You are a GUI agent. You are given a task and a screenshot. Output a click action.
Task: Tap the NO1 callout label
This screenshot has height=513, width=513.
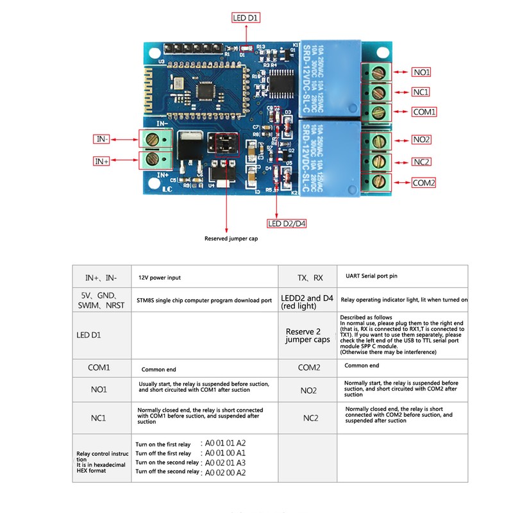coord(421,72)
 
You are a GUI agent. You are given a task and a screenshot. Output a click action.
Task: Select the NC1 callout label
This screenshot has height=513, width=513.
coord(421,92)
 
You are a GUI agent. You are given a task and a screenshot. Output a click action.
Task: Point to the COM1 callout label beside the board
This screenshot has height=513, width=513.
coord(424,112)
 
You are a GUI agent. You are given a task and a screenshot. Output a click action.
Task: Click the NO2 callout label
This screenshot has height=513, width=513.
coord(421,140)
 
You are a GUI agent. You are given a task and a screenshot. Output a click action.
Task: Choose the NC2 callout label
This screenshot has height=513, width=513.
coord(421,162)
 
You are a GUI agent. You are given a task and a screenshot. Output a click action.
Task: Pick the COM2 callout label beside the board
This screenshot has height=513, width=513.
coord(424,183)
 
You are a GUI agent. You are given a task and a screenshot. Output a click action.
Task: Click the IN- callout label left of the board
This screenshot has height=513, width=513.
coord(101,139)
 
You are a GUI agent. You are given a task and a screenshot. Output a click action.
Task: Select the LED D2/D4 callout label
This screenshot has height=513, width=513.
coord(286,223)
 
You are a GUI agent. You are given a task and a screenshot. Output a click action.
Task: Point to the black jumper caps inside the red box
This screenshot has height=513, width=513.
coord(224,144)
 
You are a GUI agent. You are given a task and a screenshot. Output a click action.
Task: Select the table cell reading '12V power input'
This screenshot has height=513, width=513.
coord(160,278)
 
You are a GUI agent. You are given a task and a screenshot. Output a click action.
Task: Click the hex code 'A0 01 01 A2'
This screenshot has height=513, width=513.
coord(224,443)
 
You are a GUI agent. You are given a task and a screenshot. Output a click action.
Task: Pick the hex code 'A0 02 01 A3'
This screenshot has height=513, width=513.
coord(224,462)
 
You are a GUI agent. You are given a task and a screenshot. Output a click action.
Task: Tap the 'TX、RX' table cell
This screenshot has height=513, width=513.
coord(311,278)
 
